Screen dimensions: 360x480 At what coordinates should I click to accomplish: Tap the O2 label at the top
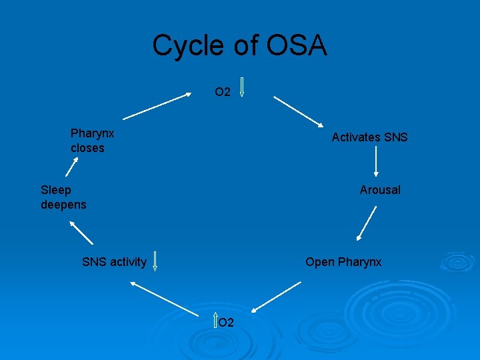(x=222, y=93)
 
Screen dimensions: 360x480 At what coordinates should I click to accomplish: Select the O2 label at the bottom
(x=226, y=323)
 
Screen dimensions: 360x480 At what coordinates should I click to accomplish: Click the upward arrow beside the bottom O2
(x=215, y=321)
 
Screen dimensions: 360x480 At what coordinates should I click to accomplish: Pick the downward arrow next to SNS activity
(x=155, y=261)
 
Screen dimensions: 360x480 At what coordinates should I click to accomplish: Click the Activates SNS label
(x=369, y=137)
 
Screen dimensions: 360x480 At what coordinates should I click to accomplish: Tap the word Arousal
(x=380, y=190)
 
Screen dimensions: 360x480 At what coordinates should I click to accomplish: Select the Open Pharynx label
(x=343, y=262)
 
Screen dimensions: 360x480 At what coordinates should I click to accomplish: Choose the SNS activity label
(x=114, y=262)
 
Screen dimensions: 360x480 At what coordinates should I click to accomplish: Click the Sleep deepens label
(x=63, y=197)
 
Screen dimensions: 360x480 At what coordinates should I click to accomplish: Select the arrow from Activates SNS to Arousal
(x=377, y=162)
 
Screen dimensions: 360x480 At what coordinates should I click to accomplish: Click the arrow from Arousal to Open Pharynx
(x=367, y=223)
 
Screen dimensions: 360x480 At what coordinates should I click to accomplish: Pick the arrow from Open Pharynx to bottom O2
(x=277, y=297)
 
